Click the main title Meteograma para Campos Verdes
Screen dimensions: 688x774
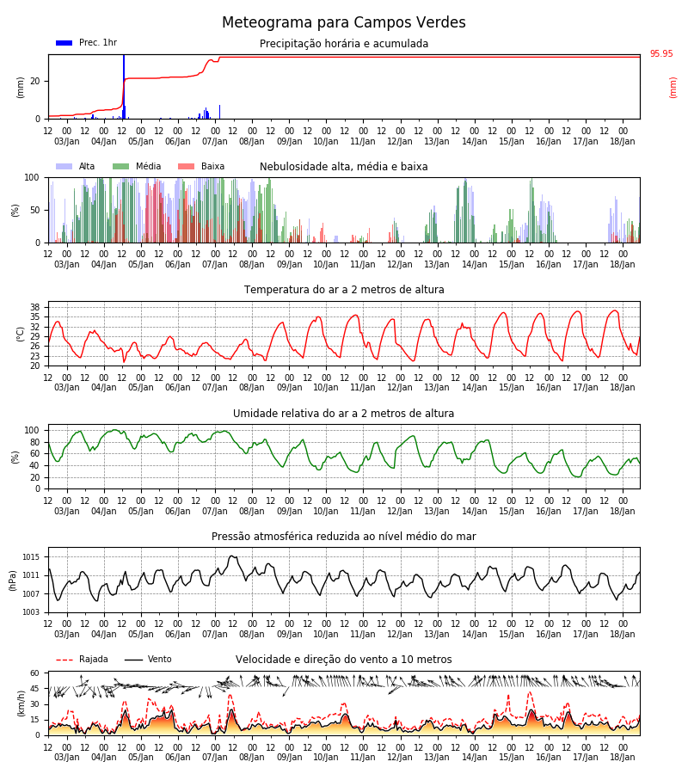click(x=343, y=22)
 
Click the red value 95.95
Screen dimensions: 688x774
click(x=660, y=53)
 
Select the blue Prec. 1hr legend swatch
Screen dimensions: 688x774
click(x=64, y=43)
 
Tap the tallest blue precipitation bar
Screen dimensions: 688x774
click(x=124, y=87)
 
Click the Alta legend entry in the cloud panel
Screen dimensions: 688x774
click(x=75, y=166)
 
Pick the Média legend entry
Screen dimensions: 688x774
click(x=137, y=166)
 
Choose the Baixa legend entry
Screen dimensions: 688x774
click(x=201, y=166)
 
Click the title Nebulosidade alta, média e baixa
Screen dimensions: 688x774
click(x=343, y=166)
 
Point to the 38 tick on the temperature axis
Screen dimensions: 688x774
click(x=35, y=307)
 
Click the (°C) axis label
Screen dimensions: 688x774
click(x=21, y=335)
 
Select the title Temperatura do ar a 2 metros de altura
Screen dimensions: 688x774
click(x=343, y=290)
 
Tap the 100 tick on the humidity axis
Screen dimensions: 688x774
click(x=33, y=431)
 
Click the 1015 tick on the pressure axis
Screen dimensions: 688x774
click(x=31, y=557)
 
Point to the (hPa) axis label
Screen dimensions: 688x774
click(x=12, y=580)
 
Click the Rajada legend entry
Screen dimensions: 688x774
click(x=82, y=659)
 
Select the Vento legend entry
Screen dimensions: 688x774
click(x=148, y=659)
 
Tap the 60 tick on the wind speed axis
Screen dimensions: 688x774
click(x=35, y=673)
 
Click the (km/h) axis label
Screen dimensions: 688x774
click(x=21, y=703)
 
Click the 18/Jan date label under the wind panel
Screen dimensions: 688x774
click(x=623, y=757)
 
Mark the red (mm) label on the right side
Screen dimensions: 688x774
click(x=673, y=88)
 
